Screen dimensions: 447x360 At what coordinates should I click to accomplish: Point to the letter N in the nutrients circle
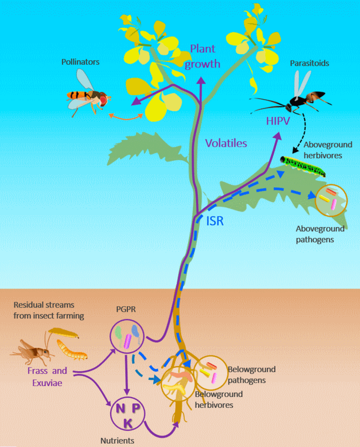tap(119, 409)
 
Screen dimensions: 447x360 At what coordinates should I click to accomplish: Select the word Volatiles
tap(225, 143)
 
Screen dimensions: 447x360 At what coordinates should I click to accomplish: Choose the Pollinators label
tap(80, 62)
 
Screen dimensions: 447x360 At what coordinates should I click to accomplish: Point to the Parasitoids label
tap(309, 63)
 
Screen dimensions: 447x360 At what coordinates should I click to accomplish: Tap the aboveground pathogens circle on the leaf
tap(331, 201)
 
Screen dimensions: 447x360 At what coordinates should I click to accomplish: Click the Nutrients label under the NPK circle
tap(116, 441)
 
